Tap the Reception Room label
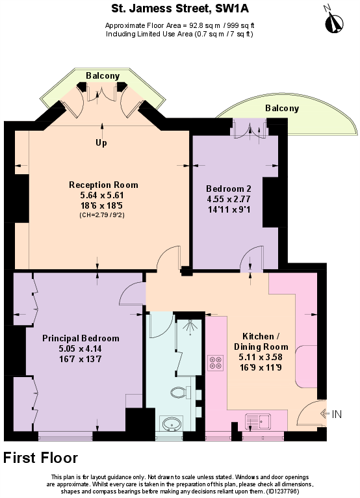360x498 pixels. coord(103,185)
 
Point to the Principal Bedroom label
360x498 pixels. coord(81,338)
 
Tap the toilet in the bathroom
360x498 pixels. coord(177,392)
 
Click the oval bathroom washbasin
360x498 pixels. coord(172,424)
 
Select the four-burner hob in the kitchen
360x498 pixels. coord(215,363)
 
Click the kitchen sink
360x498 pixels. coord(261,422)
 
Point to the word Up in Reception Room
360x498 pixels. coord(101,143)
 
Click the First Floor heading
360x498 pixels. coord(41,458)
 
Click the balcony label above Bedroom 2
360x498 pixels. coord(281,109)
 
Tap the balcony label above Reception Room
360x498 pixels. coord(103,76)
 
